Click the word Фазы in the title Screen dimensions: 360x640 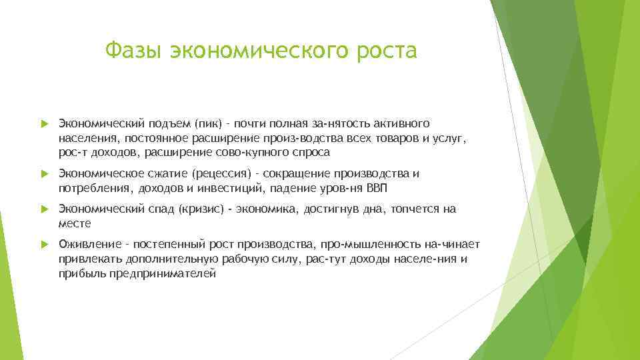(x=133, y=51)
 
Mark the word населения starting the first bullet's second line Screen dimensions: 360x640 (x=84, y=138)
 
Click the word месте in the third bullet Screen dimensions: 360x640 (x=75, y=223)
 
